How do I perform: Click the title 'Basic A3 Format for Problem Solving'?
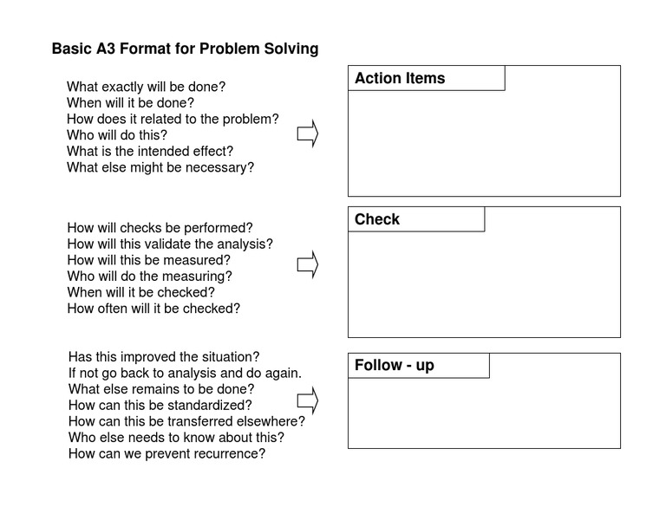tap(185, 49)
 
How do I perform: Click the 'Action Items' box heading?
tap(400, 78)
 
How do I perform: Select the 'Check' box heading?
tap(377, 219)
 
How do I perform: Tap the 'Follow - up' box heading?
tap(395, 365)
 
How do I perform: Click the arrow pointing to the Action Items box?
tap(308, 134)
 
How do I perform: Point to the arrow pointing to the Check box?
tap(308, 264)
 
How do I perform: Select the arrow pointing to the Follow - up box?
tap(308, 400)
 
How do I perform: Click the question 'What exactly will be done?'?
tap(146, 87)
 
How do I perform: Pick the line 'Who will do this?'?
tap(117, 135)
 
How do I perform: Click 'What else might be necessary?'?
tap(160, 167)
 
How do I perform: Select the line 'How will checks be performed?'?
tap(160, 228)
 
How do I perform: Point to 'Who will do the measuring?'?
tap(149, 277)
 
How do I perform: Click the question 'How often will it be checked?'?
tap(153, 308)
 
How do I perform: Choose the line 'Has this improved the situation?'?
tap(164, 357)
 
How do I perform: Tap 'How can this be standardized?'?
tap(160, 405)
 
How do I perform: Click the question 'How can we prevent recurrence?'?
tap(166, 453)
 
